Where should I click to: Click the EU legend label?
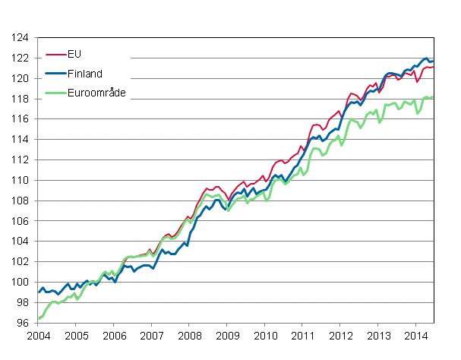click(x=74, y=55)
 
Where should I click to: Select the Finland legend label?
click(x=85, y=74)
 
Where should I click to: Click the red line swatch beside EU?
click(x=55, y=55)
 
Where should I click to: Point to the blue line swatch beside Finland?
click(x=55, y=74)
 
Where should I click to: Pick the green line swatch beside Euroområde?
click(x=55, y=93)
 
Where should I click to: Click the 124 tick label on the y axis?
click(x=20, y=37)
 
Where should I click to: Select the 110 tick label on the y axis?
click(x=20, y=180)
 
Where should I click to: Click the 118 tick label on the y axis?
click(x=20, y=99)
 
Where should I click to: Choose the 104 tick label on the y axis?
click(x=20, y=242)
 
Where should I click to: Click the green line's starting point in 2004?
click(x=39, y=319)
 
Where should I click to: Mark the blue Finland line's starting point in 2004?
click(x=39, y=292)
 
